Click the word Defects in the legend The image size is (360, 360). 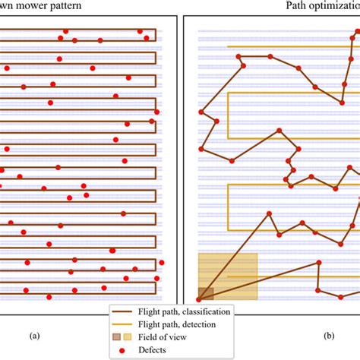(x=152, y=350)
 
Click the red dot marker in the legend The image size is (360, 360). (x=122, y=350)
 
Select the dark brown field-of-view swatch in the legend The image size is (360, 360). (x=116, y=337)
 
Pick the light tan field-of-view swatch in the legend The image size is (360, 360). (x=128, y=337)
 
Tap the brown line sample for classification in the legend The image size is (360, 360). (x=122, y=311)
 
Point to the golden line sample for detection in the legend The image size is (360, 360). (x=122, y=324)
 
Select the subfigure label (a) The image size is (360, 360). (x=35, y=336)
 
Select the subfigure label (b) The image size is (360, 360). (x=329, y=336)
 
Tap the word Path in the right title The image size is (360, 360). (x=293, y=5)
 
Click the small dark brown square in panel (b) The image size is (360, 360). (x=206, y=294)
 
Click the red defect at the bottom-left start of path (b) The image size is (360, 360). (x=199, y=300)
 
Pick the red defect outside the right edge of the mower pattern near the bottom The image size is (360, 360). (x=162, y=263)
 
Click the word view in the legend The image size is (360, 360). (x=177, y=337)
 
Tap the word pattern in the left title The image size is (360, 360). (x=65, y=5)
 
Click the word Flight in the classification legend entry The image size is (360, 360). (x=147, y=312)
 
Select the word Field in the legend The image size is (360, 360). (x=146, y=337)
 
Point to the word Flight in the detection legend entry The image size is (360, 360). (x=147, y=324)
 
